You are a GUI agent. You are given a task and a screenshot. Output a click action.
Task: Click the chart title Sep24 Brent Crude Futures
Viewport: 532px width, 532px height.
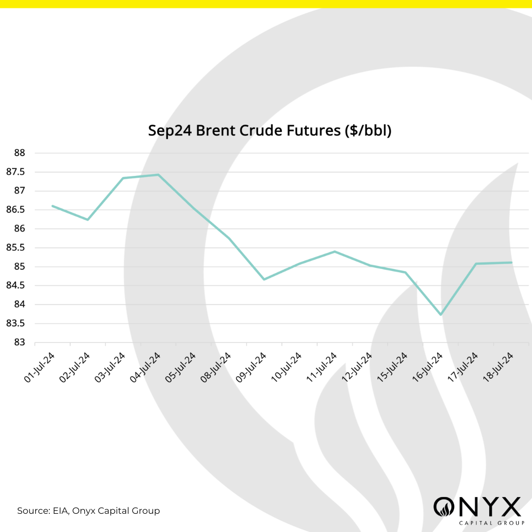coord(269,131)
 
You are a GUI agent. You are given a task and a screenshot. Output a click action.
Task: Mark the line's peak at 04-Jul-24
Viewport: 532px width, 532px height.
coord(158,174)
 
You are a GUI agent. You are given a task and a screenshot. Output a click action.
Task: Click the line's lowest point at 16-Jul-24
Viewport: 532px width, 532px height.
coord(440,315)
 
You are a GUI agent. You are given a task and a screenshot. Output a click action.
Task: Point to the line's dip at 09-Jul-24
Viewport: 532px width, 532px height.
coord(264,279)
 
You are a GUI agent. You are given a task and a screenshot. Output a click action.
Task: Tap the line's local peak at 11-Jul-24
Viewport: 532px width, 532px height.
coord(334,251)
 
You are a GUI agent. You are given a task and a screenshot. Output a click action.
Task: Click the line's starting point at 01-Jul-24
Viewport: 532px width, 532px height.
coord(52,206)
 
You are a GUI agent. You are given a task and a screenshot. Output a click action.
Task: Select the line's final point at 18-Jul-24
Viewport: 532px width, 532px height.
coord(512,262)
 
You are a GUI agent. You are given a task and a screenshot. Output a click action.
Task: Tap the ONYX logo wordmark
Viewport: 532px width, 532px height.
coord(477,506)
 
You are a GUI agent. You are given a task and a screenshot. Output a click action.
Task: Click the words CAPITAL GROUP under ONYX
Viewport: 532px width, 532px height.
coord(477,523)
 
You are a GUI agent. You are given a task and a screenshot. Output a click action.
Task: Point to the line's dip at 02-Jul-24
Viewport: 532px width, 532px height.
coord(88,220)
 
